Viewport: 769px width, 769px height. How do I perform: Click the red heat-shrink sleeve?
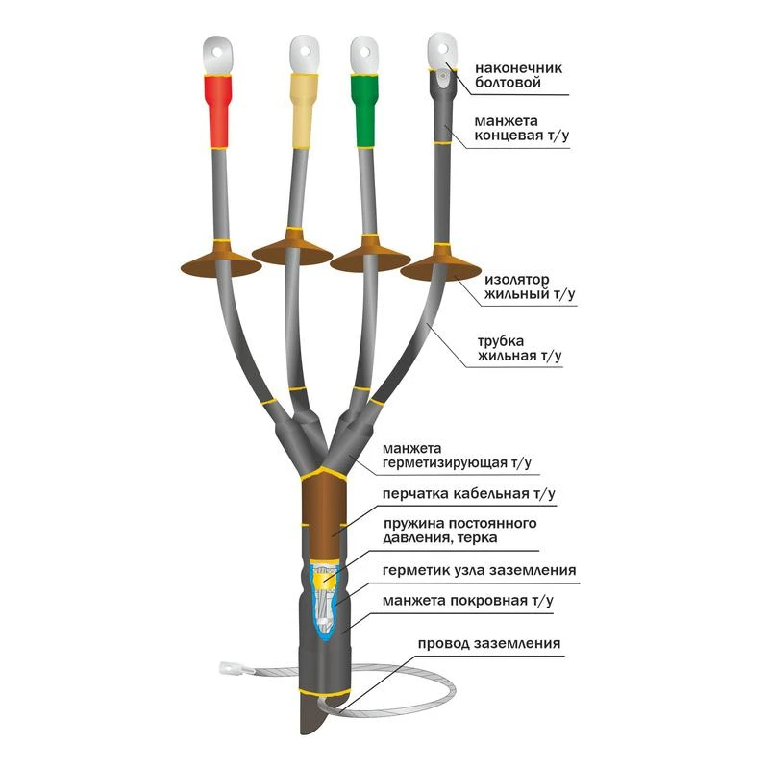218,112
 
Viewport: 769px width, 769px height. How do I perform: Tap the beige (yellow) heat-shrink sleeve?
304,111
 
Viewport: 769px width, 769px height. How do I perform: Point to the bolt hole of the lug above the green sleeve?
365,51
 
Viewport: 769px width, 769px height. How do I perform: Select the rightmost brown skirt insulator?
441,263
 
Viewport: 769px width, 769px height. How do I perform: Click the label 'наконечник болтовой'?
518,75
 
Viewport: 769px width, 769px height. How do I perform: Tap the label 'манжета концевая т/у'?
522,128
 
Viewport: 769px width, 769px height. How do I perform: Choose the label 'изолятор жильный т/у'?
530,286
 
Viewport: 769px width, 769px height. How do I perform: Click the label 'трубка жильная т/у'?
519,348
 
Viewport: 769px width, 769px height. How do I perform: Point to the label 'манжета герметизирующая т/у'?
457,456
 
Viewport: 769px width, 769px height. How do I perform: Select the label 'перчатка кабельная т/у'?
468,493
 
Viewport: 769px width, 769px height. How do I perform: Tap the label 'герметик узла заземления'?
479,570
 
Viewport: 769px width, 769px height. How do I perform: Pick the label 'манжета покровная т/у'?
468,601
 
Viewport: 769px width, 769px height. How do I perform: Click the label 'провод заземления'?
489,643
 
